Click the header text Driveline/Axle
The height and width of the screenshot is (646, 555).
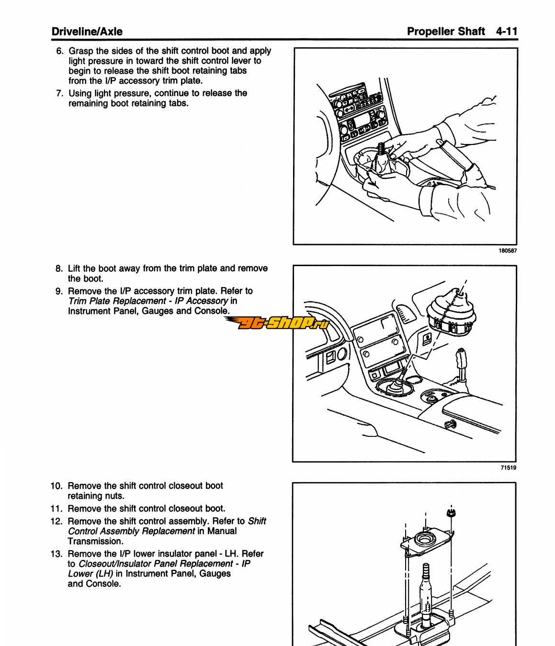coord(87,32)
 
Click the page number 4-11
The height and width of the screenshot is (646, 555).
coord(507,32)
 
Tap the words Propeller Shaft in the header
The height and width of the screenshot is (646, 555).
coord(446,32)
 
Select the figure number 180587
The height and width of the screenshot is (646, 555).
coord(507,250)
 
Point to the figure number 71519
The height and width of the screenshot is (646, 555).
coord(509,468)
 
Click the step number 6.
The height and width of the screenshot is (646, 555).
coord(60,51)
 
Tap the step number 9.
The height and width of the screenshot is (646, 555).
coord(59,291)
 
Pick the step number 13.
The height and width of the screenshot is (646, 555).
coord(57,554)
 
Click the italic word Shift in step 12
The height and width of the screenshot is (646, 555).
coord(257,521)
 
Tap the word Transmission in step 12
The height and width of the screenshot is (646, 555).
coord(95,541)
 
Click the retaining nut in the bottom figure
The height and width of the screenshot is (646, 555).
coord(450,512)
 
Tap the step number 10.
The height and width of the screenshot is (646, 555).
coord(57,486)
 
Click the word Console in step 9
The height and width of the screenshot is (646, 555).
coord(211,311)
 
